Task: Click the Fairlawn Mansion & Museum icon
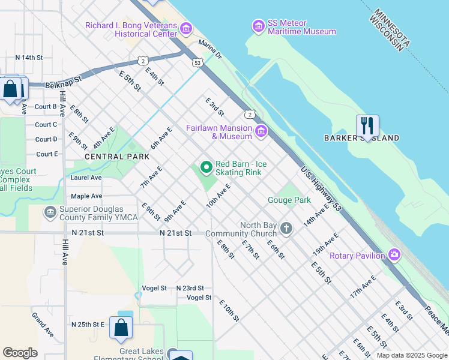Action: click(x=261, y=131)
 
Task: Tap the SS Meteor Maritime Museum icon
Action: click(x=259, y=26)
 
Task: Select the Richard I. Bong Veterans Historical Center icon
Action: click(x=185, y=28)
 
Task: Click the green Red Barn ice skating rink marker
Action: click(x=206, y=167)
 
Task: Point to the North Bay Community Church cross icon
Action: click(x=286, y=229)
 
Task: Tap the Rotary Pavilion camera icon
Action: click(x=394, y=255)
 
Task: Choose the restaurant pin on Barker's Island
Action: click(x=367, y=126)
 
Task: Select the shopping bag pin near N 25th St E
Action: click(x=121, y=328)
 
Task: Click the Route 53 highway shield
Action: click(x=197, y=62)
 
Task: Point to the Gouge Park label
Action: click(x=289, y=200)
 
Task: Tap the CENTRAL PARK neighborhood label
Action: click(x=117, y=157)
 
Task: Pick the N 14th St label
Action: click(x=29, y=58)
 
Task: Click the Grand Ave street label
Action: click(x=43, y=325)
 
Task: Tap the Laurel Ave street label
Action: click(x=86, y=178)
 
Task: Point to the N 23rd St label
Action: click(x=190, y=288)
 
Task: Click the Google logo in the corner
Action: click(x=20, y=353)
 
